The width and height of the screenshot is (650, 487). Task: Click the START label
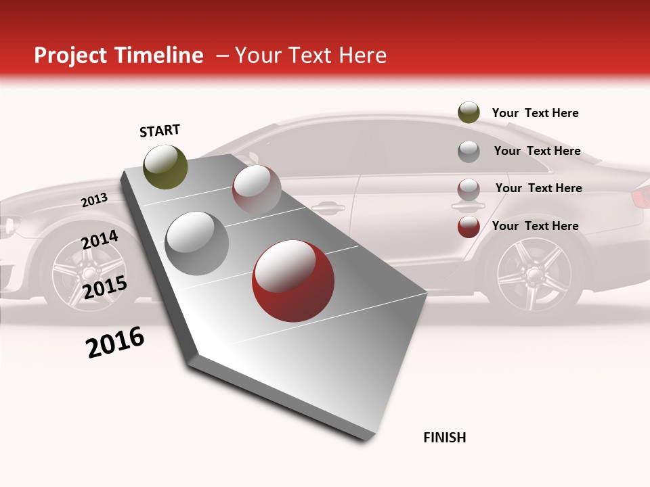pos(160,131)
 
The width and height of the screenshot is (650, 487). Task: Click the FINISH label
pos(444,438)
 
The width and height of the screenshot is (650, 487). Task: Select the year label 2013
pos(94,200)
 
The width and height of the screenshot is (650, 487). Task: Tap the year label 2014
pos(100,239)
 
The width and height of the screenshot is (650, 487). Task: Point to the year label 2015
pos(104,287)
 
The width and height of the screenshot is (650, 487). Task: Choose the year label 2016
pos(115,342)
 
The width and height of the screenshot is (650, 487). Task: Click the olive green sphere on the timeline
pos(165,166)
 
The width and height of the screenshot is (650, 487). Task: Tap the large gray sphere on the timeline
pos(197,243)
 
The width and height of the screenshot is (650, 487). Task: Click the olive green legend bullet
pos(469,113)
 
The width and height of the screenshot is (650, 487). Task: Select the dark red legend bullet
pos(469,227)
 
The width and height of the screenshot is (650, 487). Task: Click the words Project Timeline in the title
pos(118,55)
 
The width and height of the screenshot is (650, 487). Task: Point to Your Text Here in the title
pos(310,55)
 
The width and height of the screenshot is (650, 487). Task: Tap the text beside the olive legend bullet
pos(535,113)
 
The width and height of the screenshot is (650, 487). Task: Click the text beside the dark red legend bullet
pos(535,226)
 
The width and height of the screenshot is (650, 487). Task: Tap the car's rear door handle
pos(467,206)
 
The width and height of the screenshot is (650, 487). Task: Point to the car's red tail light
pos(641,197)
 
